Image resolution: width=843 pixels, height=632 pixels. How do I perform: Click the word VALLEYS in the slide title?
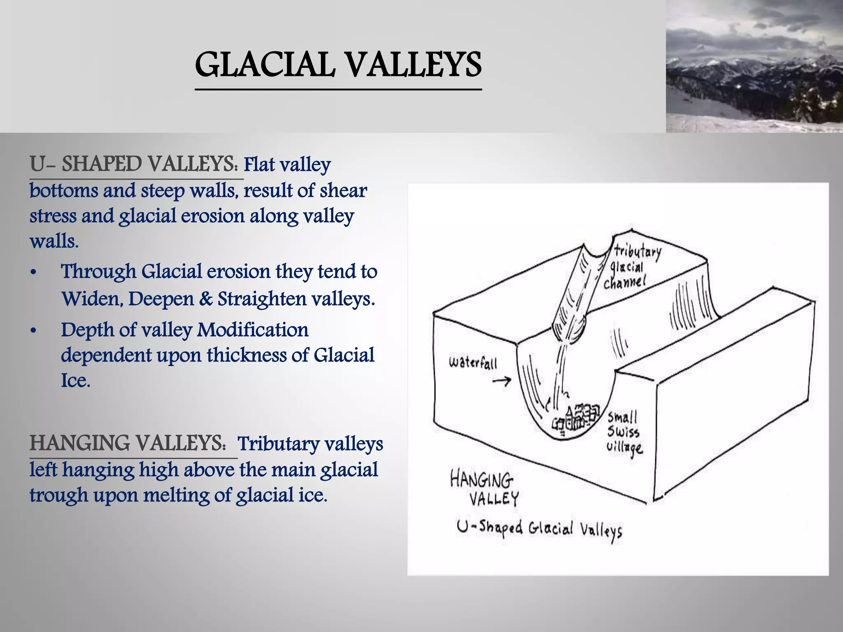tap(412, 65)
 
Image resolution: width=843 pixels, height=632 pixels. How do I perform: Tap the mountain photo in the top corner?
tap(754, 66)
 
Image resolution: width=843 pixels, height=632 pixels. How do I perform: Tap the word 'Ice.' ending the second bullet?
tap(75, 380)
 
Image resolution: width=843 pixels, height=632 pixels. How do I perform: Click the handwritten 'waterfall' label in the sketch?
tap(473, 363)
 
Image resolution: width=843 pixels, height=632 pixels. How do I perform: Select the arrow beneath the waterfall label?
tap(501, 381)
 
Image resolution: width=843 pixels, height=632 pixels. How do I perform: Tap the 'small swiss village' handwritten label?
tap(624, 432)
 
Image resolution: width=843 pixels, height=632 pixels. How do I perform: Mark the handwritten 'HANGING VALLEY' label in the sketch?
tap(484, 489)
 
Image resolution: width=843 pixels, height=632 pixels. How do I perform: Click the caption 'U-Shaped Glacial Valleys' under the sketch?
tap(539, 528)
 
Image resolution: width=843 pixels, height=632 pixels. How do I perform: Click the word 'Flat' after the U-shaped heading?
tap(259, 165)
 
